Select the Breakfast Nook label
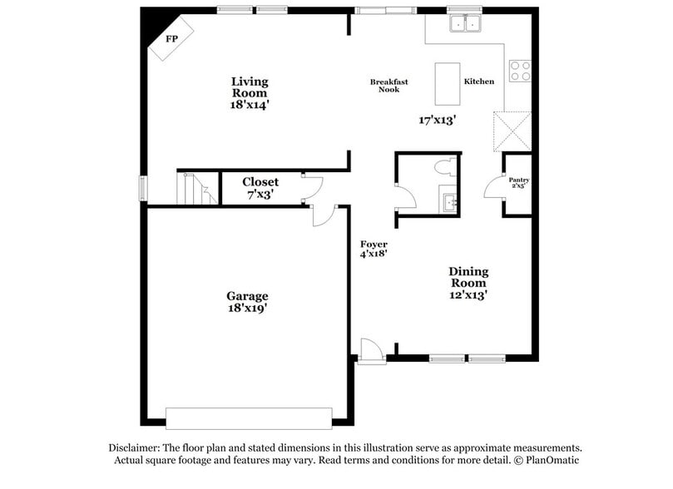click(x=384, y=86)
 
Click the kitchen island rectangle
click(x=448, y=81)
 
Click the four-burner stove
click(x=520, y=72)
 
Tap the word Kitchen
click(x=479, y=81)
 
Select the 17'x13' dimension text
click(x=436, y=120)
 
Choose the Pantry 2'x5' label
click(x=519, y=183)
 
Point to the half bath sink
click(x=449, y=202)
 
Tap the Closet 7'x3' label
click(x=260, y=187)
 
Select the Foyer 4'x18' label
click(x=374, y=249)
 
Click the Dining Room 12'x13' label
click(x=468, y=283)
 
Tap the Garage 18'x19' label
click(x=247, y=301)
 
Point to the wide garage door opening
click(x=249, y=417)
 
